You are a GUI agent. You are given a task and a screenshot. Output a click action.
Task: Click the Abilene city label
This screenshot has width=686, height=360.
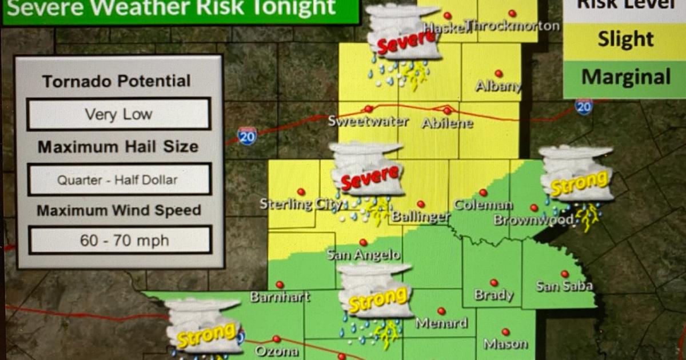[447, 123]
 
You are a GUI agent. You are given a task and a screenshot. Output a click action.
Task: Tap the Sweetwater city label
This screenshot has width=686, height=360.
[368, 122]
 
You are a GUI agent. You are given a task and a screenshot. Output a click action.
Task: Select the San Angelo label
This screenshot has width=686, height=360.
[363, 255]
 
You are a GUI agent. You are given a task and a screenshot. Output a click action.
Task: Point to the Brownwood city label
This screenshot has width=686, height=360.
[533, 220]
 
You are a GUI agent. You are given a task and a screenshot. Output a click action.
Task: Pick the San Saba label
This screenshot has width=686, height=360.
[564, 286]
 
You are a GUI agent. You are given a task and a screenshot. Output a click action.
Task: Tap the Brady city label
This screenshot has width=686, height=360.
[493, 295]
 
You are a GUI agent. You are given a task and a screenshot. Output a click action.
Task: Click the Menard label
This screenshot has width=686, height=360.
[441, 323]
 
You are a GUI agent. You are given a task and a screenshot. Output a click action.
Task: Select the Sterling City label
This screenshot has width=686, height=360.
[301, 204]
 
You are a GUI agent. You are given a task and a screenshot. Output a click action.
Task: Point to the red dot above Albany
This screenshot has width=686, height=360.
[498, 74]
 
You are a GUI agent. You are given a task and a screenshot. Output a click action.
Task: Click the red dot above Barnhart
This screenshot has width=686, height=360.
[280, 285]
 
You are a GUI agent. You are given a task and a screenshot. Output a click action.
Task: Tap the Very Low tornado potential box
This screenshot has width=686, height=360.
[119, 114]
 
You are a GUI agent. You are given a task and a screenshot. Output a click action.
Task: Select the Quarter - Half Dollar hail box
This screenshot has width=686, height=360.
[119, 180]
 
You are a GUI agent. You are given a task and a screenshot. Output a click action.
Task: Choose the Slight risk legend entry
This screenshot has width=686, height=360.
[625, 39]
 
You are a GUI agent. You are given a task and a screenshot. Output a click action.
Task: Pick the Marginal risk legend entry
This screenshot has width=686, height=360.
[625, 77]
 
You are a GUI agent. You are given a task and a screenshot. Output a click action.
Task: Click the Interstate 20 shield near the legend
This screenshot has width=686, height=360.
[583, 107]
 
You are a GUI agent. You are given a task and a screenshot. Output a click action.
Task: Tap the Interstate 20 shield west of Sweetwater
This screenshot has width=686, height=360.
[247, 136]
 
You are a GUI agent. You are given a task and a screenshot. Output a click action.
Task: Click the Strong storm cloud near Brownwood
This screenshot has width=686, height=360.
[577, 174]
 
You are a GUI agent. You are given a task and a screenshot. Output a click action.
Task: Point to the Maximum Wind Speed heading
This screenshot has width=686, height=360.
[119, 210]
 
